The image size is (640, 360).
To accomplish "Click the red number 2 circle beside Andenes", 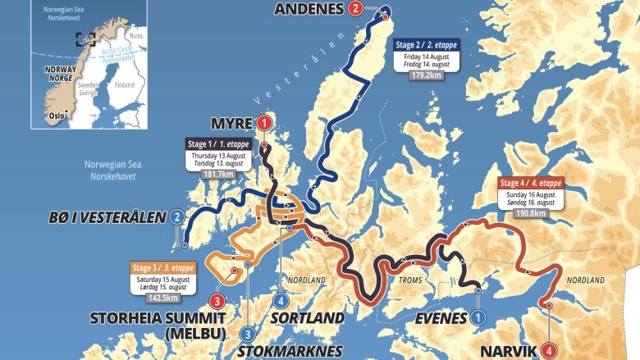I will click(354, 10).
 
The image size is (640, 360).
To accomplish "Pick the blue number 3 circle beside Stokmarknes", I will click(247, 334).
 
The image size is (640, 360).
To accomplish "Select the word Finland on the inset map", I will click(125, 84).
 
